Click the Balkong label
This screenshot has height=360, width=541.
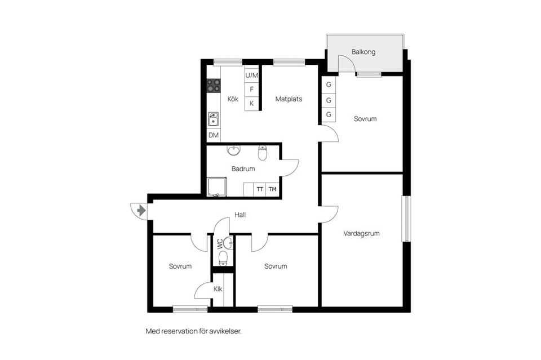[x=363, y=52]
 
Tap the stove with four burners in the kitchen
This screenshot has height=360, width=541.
[x=214, y=86]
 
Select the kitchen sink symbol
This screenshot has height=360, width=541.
[x=214, y=119]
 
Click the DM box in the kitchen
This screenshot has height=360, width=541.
[x=214, y=135]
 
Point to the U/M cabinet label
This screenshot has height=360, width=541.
[x=251, y=75]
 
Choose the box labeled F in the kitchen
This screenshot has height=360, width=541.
[x=251, y=89]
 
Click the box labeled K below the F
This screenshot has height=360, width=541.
[x=251, y=104]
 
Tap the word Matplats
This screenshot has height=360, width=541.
[x=289, y=99]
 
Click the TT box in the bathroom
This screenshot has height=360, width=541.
[x=260, y=189]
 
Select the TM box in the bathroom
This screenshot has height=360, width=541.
[x=273, y=189]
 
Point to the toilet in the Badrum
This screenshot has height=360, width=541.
[x=262, y=153]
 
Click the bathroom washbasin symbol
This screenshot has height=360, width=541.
[x=234, y=150]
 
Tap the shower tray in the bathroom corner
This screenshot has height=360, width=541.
[x=216, y=186]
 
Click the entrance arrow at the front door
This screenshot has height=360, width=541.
[x=140, y=211]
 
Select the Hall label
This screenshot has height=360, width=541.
[x=240, y=215]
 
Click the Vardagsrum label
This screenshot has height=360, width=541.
[x=361, y=233]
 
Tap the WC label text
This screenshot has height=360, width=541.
[x=220, y=245]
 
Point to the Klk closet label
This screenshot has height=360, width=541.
[x=218, y=290]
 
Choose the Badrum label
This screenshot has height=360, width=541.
[x=243, y=168]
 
